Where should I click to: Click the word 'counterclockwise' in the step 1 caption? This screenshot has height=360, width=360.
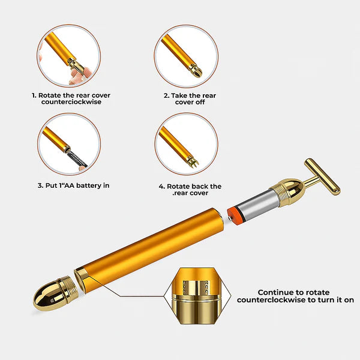pos(71,103)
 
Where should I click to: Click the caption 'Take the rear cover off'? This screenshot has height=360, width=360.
pos(190,99)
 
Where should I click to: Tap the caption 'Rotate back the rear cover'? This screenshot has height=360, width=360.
pos(190,190)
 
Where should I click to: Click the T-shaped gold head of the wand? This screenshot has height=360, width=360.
pos(322,176)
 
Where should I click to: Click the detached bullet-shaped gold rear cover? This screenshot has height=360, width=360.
pos(49,293)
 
